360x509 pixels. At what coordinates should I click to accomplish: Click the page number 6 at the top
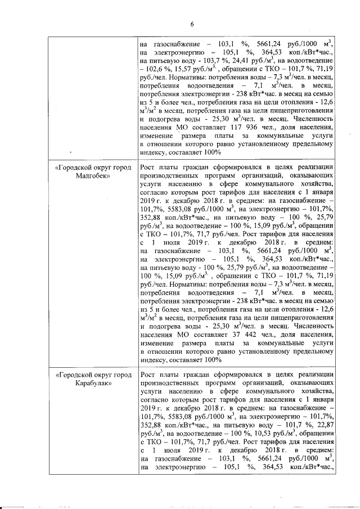(191, 24)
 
